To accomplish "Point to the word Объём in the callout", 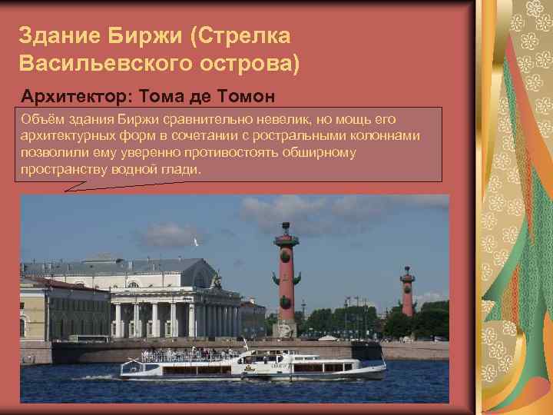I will pyautogui.click(x=41, y=119).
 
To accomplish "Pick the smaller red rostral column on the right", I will pyautogui.click(x=407, y=292).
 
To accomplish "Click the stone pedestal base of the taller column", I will pyautogui.click(x=285, y=328).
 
